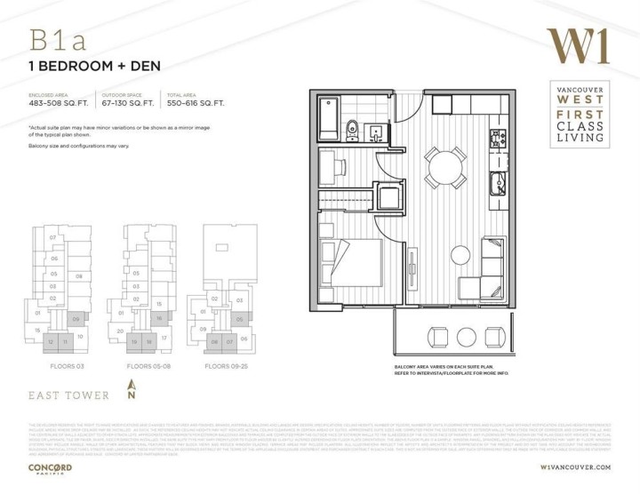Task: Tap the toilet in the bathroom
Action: pyautogui.click(x=352, y=127)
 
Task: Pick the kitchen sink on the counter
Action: pyautogui.click(x=498, y=187)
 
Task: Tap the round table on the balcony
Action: pyautogui.click(x=442, y=337)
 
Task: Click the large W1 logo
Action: pyautogui.click(x=579, y=47)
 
